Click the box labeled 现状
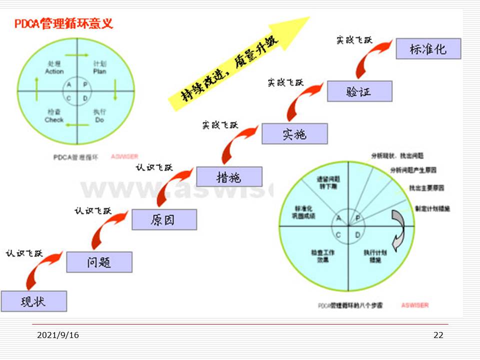point(33,301)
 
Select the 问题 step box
point(99,262)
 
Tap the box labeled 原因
point(164,219)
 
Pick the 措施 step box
point(229,176)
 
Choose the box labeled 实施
point(294,133)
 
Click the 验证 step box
point(359,91)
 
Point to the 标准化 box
point(428,48)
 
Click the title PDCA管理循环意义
point(63,23)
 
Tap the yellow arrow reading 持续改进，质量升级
point(235,65)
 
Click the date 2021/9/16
point(58,335)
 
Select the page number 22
point(438,335)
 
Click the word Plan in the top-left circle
point(99,71)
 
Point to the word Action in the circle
point(54,71)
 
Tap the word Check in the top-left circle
point(54,120)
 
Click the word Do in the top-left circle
point(99,120)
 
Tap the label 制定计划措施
point(432,208)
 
